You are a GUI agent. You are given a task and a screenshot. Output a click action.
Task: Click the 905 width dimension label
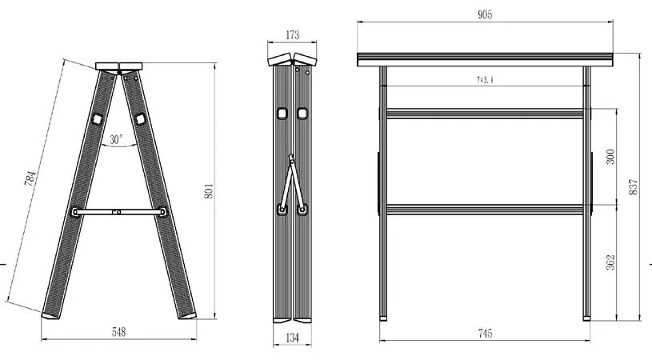[485, 14]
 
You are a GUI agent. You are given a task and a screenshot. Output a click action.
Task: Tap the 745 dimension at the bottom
[485, 333]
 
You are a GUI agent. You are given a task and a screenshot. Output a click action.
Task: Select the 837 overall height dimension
[633, 187]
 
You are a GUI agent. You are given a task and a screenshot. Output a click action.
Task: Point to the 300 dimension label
[610, 157]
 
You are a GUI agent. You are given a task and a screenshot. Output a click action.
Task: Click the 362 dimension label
[610, 262]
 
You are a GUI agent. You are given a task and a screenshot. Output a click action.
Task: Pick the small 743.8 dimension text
[485, 80]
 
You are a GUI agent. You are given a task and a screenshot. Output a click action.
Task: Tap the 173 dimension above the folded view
[292, 35]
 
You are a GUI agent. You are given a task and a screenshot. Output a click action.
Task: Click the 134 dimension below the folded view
[292, 338]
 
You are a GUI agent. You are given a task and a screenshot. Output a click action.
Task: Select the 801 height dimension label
[209, 190]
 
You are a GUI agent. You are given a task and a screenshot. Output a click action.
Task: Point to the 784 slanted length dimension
[30, 178]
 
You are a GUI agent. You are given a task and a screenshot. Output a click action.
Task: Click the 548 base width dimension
[119, 332]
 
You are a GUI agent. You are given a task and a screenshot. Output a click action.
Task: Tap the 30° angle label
[117, 139]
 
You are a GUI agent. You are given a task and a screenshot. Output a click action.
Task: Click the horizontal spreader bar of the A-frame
[119, 211]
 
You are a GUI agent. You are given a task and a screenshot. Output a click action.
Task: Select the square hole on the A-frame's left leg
[98, 119]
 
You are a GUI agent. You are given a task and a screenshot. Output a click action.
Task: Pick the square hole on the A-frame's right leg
[141, 119]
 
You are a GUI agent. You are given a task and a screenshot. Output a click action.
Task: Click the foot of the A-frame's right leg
[187, 315]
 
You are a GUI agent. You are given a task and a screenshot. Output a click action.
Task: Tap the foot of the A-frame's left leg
[50, 315]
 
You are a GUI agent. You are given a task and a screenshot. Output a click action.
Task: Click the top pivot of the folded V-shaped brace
[292, 158]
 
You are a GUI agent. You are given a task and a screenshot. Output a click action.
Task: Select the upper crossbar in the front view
[485, 114]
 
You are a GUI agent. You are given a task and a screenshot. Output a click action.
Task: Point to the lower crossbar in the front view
[485, 210]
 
